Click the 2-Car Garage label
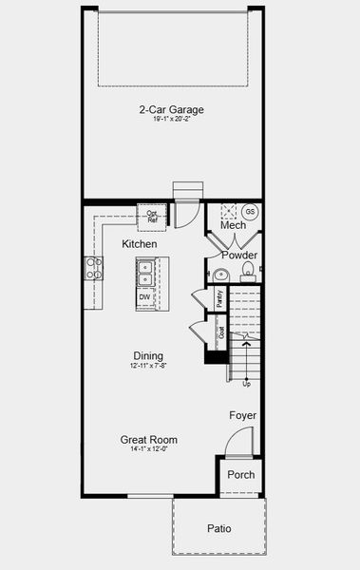tap(172, 109)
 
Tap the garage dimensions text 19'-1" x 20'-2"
tap(172, 121)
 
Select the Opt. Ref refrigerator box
tap(152, 217)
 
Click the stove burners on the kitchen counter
tap(94, 269)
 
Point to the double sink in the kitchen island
tap(146, 275)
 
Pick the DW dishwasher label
tap(144, 297)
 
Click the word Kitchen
tap(140, 244)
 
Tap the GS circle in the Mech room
tap(251, 211)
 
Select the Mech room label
tap(233, 225)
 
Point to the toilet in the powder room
tap(247, 275)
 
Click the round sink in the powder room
tap(220, 275)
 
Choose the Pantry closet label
tap(219, 297)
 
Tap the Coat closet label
tap(221, 332)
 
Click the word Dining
tap(148, 356)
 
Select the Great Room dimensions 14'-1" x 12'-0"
tap(148, 449)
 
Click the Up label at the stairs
tap(247, 384)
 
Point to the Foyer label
tap(242, 416)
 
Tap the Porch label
tap(240, 474)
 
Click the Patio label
tap(218, 528)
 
